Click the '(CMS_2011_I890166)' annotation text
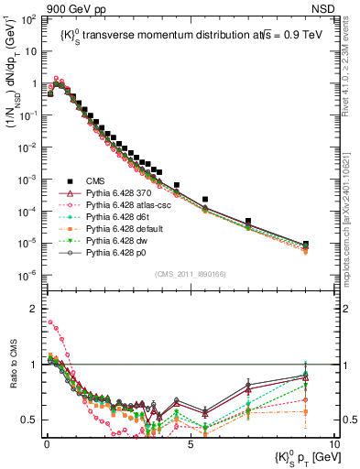[191, 274]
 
